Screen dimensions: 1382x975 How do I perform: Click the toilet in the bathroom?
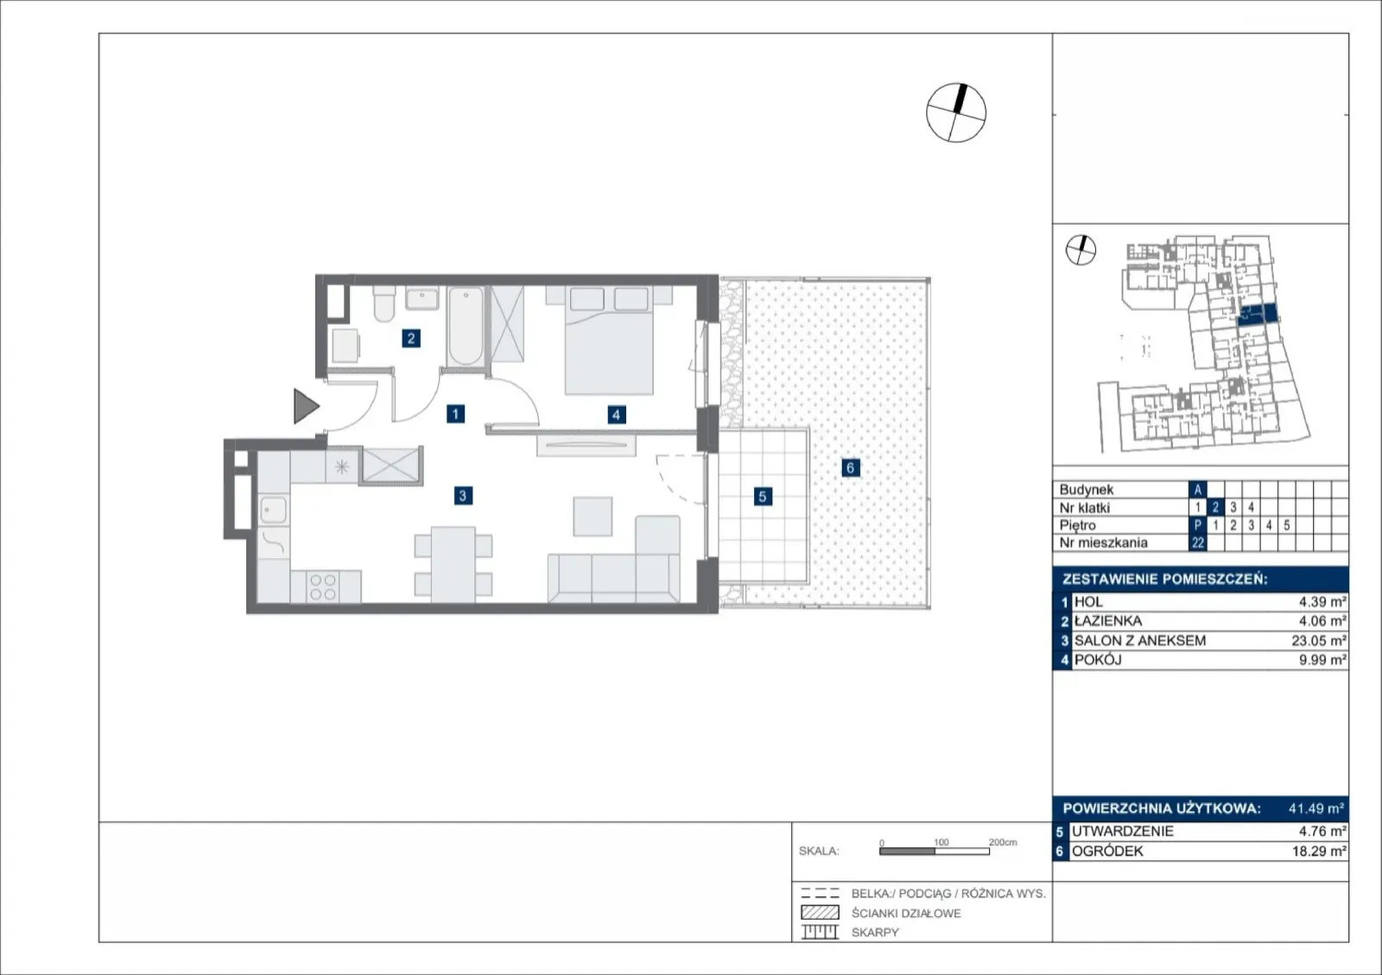point(384,303)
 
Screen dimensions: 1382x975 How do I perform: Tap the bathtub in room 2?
point(466,326)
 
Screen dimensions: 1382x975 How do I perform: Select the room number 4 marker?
point(616,415)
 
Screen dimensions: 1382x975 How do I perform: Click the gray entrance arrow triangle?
point(306,406)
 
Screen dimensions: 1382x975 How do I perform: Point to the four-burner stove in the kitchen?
point(323,587)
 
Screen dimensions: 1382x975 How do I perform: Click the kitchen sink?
point(273,510)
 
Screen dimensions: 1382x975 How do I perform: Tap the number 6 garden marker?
point(850,467)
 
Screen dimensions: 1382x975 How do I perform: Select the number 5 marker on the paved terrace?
point(763,497)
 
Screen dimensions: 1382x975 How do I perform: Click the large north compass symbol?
point(956,113)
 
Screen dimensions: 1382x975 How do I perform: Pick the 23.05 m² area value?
point(1318,641)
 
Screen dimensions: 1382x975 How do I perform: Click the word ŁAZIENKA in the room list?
point(1108,621)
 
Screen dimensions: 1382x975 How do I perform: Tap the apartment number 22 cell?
point(1197,542)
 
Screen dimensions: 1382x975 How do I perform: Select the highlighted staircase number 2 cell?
point(1215,507)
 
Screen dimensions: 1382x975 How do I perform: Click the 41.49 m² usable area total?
point(1316,807)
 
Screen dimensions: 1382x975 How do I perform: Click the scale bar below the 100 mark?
point(934,852)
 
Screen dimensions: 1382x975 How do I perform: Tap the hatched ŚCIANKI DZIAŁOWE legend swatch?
point(820,913)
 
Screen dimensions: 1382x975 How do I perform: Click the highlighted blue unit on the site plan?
point(1258,313)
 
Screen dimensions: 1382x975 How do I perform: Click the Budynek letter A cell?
point(1197,490)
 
